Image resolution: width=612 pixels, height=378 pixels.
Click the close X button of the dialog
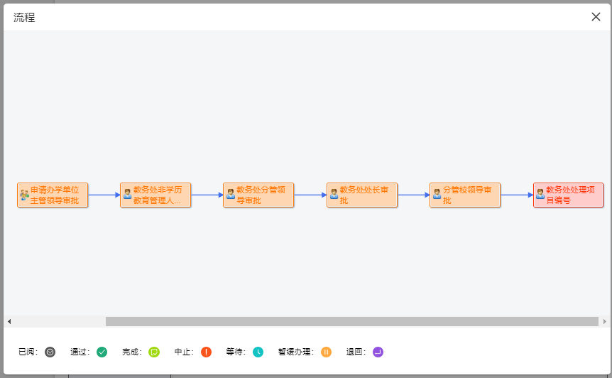click(596, 17)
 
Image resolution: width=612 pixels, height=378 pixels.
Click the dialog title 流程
click(24, 18)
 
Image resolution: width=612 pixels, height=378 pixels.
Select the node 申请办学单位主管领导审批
click(53, 195)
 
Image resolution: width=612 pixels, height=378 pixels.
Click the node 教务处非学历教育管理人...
click(156, 195)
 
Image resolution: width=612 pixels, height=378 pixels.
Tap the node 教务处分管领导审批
click(259, 195)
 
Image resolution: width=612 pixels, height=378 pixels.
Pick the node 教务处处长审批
click(363, 195)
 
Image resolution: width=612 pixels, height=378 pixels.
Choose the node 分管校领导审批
click(466, 195)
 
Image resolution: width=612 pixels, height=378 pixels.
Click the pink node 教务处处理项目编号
click(569, 195)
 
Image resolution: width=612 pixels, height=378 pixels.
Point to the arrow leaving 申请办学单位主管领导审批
click(104, 195)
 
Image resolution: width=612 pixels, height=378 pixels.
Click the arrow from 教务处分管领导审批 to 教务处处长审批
click(310, 195)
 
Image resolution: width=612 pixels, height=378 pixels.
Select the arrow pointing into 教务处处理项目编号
click(517, 195)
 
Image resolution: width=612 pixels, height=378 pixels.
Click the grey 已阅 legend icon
click(50, 352)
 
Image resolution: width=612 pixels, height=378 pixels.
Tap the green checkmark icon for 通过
click(102, 352)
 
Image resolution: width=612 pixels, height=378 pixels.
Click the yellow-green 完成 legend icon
click(154, 352)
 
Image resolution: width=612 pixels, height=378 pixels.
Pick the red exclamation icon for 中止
click(206, 352)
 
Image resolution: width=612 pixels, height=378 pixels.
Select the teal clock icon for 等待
click(258, 352)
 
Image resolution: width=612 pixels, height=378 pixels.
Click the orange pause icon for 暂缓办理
click(326, 352)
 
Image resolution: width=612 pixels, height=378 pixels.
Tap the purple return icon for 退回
click(378, 352)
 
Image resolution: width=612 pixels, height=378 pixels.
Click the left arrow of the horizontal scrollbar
click(9, 321)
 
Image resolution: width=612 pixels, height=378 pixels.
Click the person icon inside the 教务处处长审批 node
click(334, 193)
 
